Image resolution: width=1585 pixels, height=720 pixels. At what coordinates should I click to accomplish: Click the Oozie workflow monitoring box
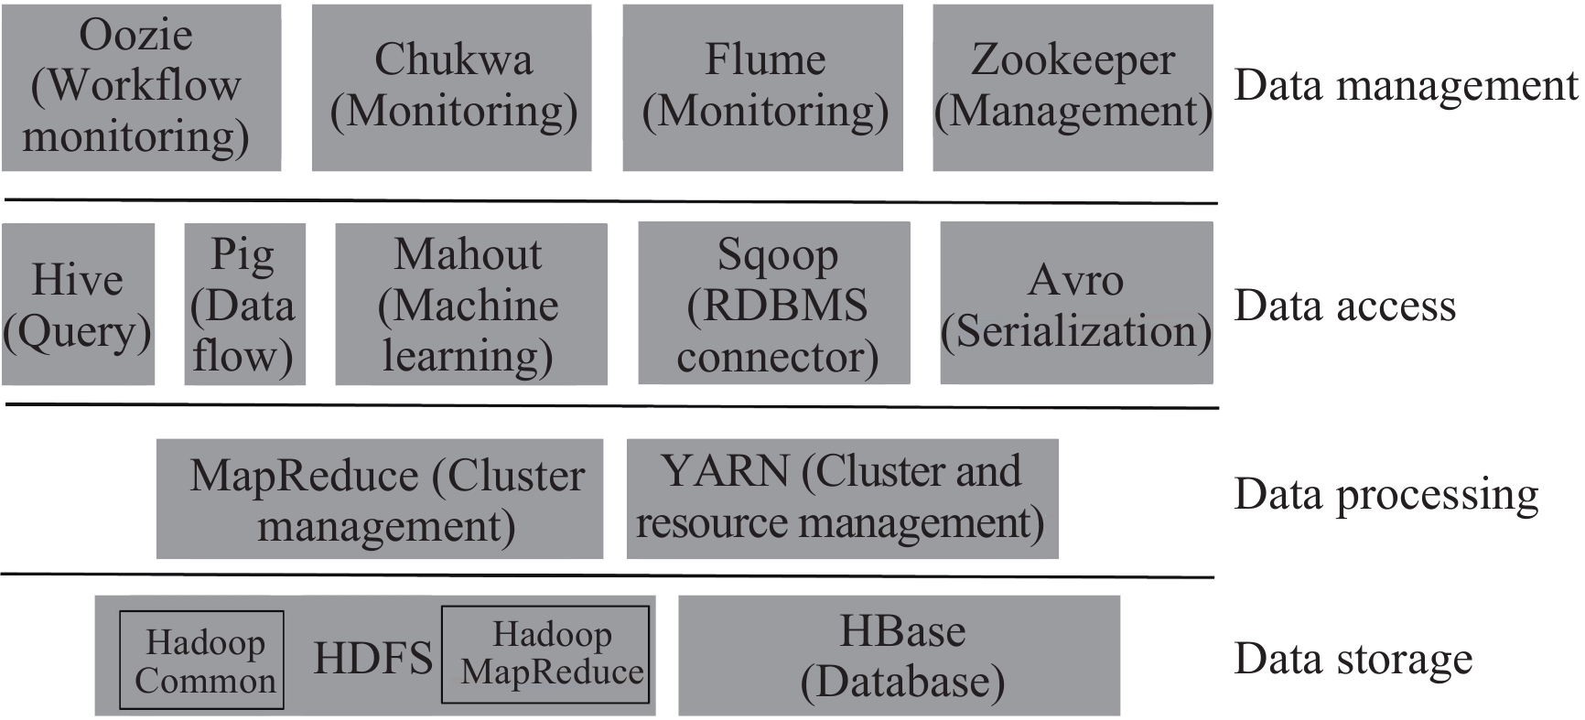tap(141, 87)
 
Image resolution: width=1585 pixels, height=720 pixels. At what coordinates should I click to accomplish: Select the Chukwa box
tap(452, 87)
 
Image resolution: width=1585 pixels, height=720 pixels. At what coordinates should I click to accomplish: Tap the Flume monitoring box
tap(762, 87)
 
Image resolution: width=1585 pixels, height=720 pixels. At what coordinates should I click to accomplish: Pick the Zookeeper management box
tap(1073, 87)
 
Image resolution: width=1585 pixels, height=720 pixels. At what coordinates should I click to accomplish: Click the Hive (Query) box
tap(78, 304)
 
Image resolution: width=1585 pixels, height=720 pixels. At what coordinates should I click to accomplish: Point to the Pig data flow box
tap(244, 304)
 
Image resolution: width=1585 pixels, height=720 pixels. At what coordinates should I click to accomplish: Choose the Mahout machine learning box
tap(470, 304)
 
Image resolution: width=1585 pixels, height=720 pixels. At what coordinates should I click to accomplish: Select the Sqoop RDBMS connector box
tap(774, 304)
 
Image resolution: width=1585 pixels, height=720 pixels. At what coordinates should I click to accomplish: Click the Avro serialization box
tap(1076, 304)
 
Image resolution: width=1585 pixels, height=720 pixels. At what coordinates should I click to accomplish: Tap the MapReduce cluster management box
tap(379, 499)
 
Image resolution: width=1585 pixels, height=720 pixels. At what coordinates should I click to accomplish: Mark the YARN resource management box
tap(842, 499)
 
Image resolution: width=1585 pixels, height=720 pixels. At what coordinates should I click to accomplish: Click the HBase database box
tap(899, 656)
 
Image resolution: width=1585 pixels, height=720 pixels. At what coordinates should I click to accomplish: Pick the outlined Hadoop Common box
tap(201, 661)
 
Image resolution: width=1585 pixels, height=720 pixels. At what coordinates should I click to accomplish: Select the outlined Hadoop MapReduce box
tap(545, 653)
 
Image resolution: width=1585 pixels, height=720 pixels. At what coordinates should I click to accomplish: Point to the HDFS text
tap(372, 658)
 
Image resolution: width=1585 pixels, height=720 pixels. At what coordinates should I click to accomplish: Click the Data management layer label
tap(1406, 86)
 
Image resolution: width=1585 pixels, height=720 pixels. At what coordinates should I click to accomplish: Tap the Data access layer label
tap(1344, 306)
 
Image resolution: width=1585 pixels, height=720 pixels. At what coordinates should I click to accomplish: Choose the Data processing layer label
tap(1386, 495)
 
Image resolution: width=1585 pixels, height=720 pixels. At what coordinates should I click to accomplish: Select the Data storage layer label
tap(1353, 659)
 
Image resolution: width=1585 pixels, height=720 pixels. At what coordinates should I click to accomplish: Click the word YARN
tap(726, 472)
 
